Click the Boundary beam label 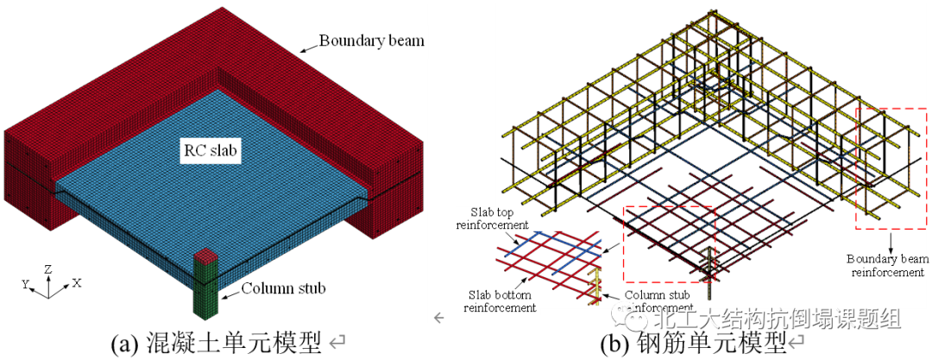pos(371,40)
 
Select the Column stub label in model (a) pos(283,287)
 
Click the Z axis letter pos(48,269)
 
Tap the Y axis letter pos(25,283)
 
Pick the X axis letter pos(77,283)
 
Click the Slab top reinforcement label pos(494,218)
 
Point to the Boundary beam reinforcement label pos(885,265)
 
